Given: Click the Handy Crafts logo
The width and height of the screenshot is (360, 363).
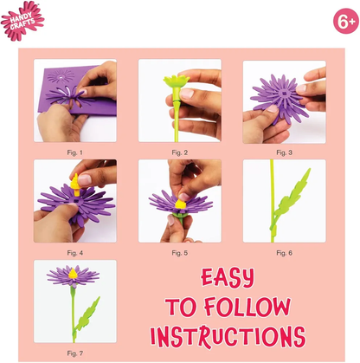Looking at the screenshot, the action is [x=22, y=21].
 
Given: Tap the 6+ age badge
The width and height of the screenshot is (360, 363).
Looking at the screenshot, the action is [x=346, y=21].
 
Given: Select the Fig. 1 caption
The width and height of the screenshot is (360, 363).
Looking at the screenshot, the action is [x=74, y=152].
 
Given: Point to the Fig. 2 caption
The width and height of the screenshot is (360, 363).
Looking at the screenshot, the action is [x=179, y=152].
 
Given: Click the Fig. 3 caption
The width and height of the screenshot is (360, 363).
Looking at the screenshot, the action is [x=284, y=152].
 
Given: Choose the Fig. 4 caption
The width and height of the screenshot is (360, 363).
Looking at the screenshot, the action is [x=74, y=253].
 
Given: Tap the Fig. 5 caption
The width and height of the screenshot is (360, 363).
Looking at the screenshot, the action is [x=179, y=253].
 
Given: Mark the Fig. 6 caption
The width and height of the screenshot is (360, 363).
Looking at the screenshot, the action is [x=284, y=253].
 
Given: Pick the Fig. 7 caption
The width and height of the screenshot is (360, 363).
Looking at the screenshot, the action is [x=74, y=353].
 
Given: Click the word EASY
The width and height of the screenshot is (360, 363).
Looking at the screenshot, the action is [x=228, y=278].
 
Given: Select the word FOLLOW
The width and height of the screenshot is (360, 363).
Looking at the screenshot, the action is [x=247, y=307].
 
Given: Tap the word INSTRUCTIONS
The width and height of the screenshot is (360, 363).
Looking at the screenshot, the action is [x=228, y=337].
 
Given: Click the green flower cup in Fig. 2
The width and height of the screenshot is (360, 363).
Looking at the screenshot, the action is [x=177, y=81].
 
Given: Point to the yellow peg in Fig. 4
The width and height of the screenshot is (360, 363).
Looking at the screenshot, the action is [x=75, y=185].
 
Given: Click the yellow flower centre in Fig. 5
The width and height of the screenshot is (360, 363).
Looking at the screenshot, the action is [x=181, y=204].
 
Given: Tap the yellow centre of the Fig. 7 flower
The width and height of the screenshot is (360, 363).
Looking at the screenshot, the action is [x=73, y=274].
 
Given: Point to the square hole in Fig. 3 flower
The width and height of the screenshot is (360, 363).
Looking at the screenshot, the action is [x=284, y=94].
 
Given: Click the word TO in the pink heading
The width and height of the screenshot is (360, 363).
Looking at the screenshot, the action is [x=181, y=307].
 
